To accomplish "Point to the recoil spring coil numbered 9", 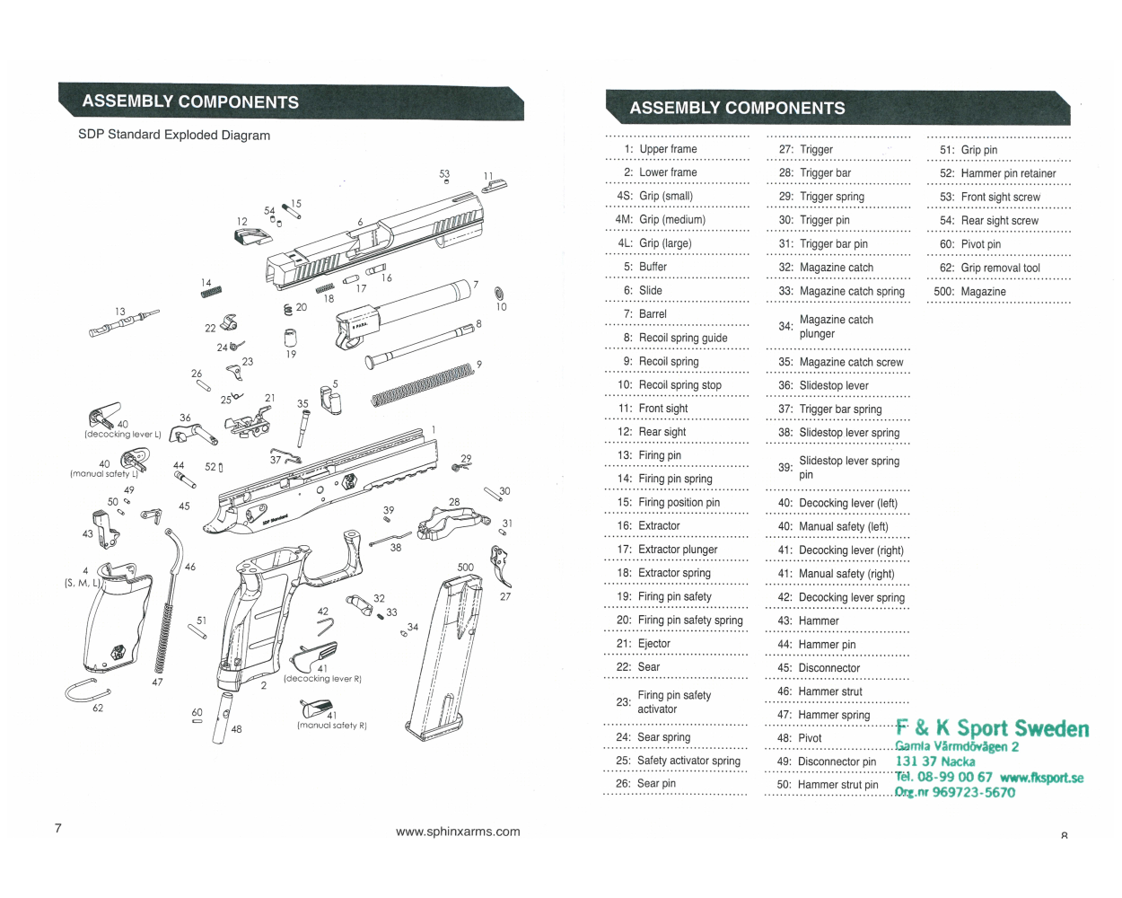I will coord(422,384).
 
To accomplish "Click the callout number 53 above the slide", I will coord(444,174).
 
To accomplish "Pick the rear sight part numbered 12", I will coord(251,237).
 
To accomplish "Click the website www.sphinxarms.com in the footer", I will coord(458,832).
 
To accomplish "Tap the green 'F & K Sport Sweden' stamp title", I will coord(992,728).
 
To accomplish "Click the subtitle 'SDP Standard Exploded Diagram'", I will coord(174,135).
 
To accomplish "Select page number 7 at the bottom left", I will coord(58,828).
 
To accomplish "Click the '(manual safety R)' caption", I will coord(332,726).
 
